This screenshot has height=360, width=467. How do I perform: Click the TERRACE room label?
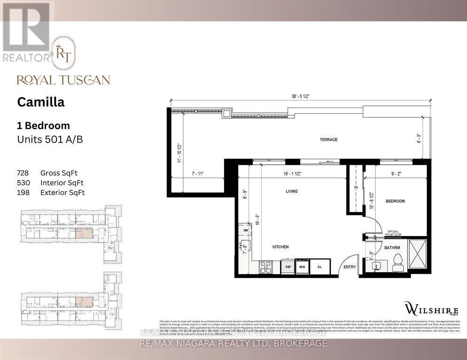point(329,139)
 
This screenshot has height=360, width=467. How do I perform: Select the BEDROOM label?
point(395,201)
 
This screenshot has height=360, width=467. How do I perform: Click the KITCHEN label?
point(280,246)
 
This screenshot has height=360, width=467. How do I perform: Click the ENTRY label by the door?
point(350,267)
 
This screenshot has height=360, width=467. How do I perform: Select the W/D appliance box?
point(302,267)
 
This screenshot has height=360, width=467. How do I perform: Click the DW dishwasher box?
point(245,230)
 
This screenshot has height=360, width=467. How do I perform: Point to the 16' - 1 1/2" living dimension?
point(292,173)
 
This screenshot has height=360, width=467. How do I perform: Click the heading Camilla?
point(41,102)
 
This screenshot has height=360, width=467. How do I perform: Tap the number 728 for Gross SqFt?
point(23,172)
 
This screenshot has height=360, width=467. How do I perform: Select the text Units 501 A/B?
point(50,139)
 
